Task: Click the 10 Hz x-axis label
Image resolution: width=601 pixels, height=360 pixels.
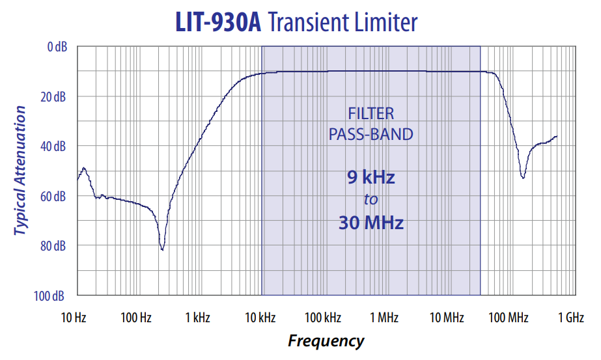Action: pos(74,318)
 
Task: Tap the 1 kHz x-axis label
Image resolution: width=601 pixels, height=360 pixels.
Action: pos(198,318)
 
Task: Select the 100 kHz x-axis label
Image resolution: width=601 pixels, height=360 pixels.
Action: pos(323,318)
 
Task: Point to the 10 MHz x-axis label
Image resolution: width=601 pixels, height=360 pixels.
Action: pos(447,318)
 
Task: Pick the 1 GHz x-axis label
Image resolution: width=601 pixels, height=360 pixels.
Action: pos(570,318)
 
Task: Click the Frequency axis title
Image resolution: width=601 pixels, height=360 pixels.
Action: pos(326,340)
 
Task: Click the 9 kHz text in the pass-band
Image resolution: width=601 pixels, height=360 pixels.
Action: pos(370,177)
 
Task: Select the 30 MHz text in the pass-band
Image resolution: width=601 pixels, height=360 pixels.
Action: pos(370,223)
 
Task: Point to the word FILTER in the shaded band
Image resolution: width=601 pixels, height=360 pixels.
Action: pos(370,114)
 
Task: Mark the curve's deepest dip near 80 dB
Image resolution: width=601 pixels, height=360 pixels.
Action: pos(162,249)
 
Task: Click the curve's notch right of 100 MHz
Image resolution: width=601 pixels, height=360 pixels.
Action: pos(523,177)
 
